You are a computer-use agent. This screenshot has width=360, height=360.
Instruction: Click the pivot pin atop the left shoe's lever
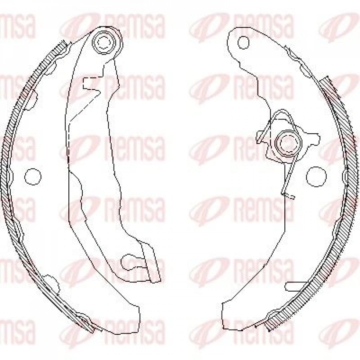tap(104, 42)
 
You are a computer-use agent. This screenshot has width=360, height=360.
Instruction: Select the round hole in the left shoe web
tap(33, 176)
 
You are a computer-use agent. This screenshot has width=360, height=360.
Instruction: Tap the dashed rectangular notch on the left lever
tap(91, 84)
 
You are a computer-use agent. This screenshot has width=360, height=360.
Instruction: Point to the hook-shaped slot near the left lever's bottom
tap(132, 262)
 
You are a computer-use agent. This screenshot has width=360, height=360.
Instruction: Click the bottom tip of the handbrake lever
tap(156, 280)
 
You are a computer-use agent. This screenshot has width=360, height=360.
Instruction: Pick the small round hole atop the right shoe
tap(243, 42)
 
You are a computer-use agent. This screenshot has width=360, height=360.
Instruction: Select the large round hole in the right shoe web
tap(316, 177)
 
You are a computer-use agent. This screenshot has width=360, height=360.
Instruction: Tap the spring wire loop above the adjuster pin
tap(282, 113)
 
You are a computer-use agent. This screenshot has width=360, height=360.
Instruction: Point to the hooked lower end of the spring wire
tap(288, 195)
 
